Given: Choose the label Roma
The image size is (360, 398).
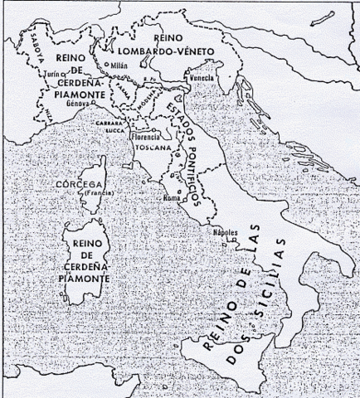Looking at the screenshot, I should (x=173, y=200).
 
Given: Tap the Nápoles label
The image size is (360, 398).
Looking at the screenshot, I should (x=226, y=233).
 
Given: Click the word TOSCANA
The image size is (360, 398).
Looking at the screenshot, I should (x=154, y=147).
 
